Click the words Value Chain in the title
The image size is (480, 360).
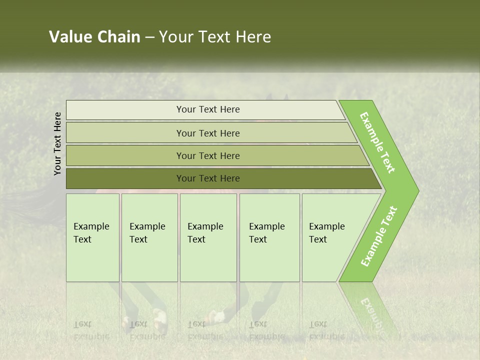94,37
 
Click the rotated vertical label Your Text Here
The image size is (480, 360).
57,143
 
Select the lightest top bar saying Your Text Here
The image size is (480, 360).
207,109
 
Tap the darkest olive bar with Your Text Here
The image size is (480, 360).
207,178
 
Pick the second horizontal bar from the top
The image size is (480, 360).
207,133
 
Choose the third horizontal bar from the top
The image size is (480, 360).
207,155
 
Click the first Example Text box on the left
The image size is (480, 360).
92,237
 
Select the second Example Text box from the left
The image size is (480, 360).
149,237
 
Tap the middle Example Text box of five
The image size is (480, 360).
208,237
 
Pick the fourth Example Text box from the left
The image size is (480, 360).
269,237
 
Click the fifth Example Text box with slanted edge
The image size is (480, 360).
330,237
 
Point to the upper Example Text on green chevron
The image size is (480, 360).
377,142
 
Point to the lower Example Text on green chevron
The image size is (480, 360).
379,236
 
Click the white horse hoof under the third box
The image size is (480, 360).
217,316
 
